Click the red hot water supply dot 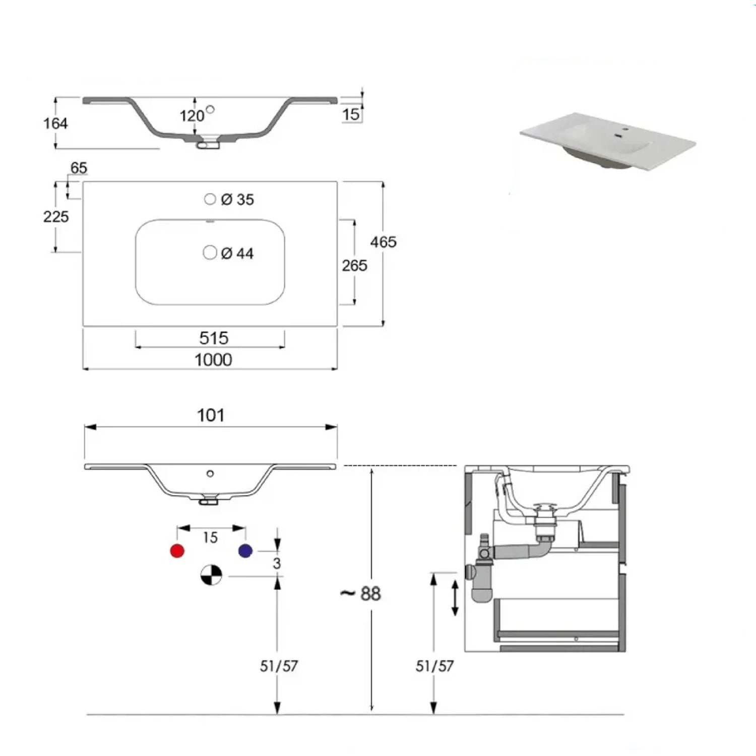click(177, 551)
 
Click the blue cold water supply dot click(245, 551)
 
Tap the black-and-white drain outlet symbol click(211, 575)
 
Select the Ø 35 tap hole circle click(210, 199)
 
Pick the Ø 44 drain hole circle click(210, 253)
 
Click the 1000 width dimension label click(213, 360)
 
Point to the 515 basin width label click(214, 338)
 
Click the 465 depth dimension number click(383, 242)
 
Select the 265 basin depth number click(354, 266)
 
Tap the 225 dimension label click(55, 217)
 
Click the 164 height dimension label click(55, 123)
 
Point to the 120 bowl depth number click(192, 116)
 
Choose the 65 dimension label click(79, 168)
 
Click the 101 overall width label click(211, 415)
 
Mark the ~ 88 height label click(361, 594)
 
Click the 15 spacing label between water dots click(210, 538)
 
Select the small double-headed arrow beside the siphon click(455, 598)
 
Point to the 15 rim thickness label click(351, 114)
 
